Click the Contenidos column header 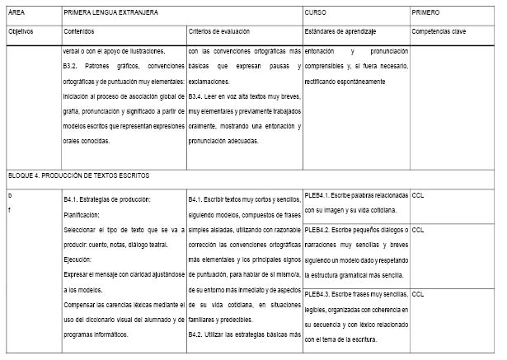click(x=79, y=31)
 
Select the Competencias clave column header click(x=439, y=31)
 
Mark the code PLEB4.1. click(x=318, y=196)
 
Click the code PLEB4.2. click(x=318, y=230)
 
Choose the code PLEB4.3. click(x=318, y=294)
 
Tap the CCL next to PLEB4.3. click(x=417, y=294)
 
